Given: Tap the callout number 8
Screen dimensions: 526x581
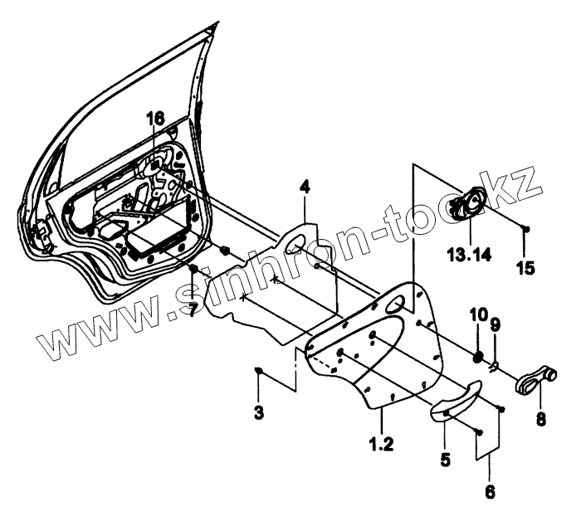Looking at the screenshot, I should pos(540,420).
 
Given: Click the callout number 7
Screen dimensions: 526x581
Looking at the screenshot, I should pos(193,309).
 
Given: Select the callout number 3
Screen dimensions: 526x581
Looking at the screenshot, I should pos(259,411).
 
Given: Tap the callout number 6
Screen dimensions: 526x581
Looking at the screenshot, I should pos(490,492).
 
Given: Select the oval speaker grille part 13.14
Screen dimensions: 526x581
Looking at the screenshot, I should pos(467,204).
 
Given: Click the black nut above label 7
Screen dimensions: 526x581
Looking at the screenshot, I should pos(193,270).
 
